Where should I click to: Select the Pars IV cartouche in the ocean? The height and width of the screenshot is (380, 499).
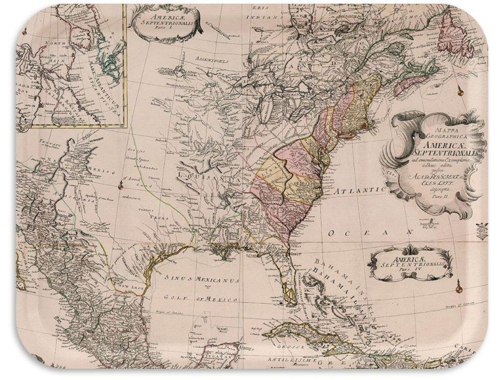417,263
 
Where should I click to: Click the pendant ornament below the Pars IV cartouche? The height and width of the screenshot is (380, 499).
460,287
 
